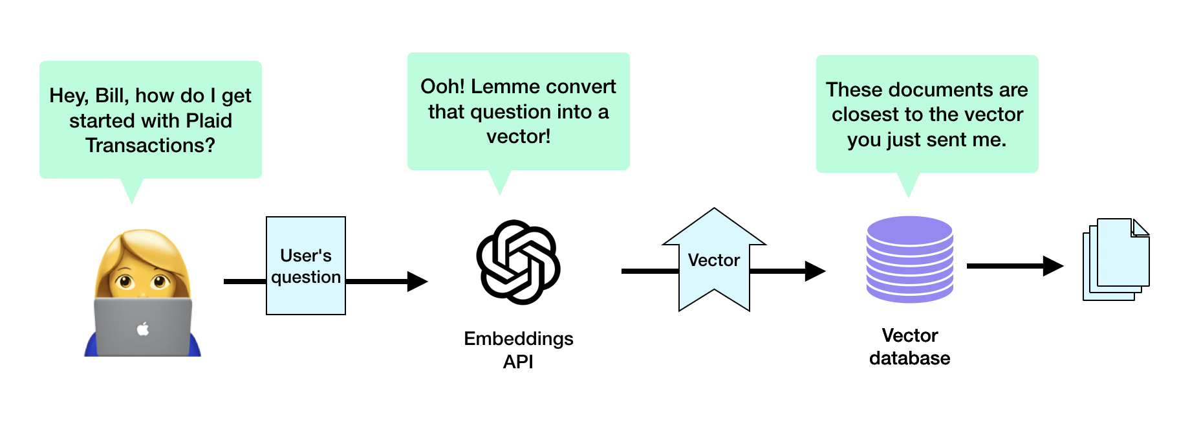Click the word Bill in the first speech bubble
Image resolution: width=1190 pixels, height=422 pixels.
coord(111,96)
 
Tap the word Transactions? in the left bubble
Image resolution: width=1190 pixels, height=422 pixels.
coord(150,146)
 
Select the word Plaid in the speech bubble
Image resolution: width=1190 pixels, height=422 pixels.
coord(208,121)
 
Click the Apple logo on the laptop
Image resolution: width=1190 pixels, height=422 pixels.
coord(143,329)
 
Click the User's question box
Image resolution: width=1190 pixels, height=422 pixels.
coord(306,266)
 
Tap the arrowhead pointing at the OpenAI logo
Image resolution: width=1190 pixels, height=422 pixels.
coord(417,282)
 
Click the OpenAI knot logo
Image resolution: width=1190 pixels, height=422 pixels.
coord(518,262)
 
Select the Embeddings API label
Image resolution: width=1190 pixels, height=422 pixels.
coord(518,350)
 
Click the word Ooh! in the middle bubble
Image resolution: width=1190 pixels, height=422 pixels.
coord(442,87)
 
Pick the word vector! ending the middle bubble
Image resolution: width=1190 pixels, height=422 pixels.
coord(518,137)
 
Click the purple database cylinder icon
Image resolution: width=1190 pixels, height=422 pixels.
coord(909,259)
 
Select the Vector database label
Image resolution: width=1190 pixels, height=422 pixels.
coord(909,346)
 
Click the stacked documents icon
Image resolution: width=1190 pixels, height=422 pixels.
coord(1116,260)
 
